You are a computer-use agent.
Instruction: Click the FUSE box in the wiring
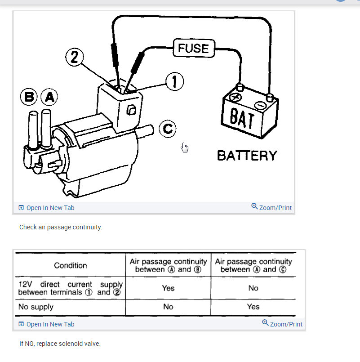(193, 48)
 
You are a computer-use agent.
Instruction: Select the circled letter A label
(49, 96)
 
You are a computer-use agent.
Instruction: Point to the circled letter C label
(167, 129)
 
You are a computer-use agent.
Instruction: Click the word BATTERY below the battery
(247, 156)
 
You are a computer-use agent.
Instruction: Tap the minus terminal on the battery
(260, 105)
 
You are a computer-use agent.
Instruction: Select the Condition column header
(71, 265)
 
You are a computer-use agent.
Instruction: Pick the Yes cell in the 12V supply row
(168, 288)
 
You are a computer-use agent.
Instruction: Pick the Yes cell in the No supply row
(253, 307)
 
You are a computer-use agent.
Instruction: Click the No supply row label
(36, 307)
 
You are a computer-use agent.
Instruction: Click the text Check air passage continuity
(61, 227)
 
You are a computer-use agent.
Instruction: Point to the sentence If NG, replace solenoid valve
(60, 344)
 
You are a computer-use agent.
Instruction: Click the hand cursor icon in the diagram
(184, 147)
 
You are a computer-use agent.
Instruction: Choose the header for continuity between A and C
(253, 265)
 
